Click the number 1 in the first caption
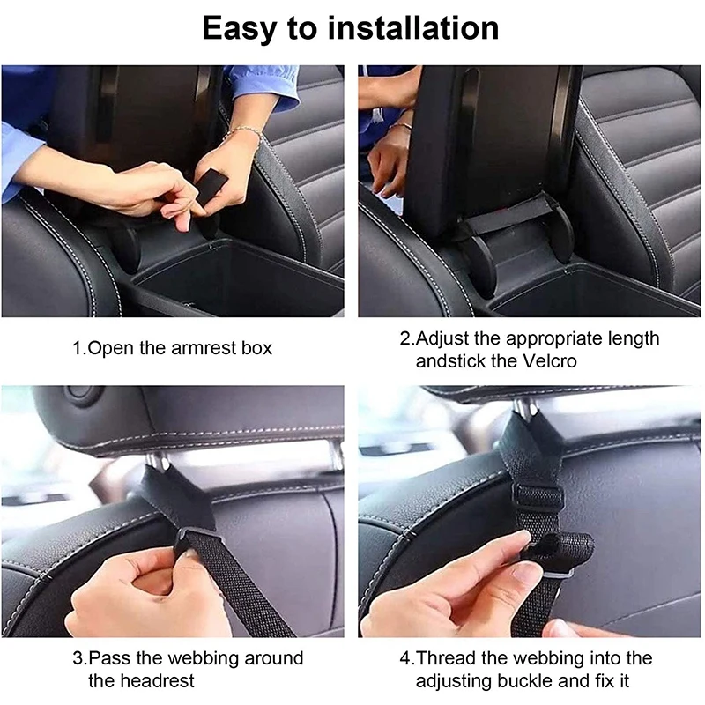point(77,348)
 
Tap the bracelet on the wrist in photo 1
point(244,134)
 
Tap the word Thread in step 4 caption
point(445,657)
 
